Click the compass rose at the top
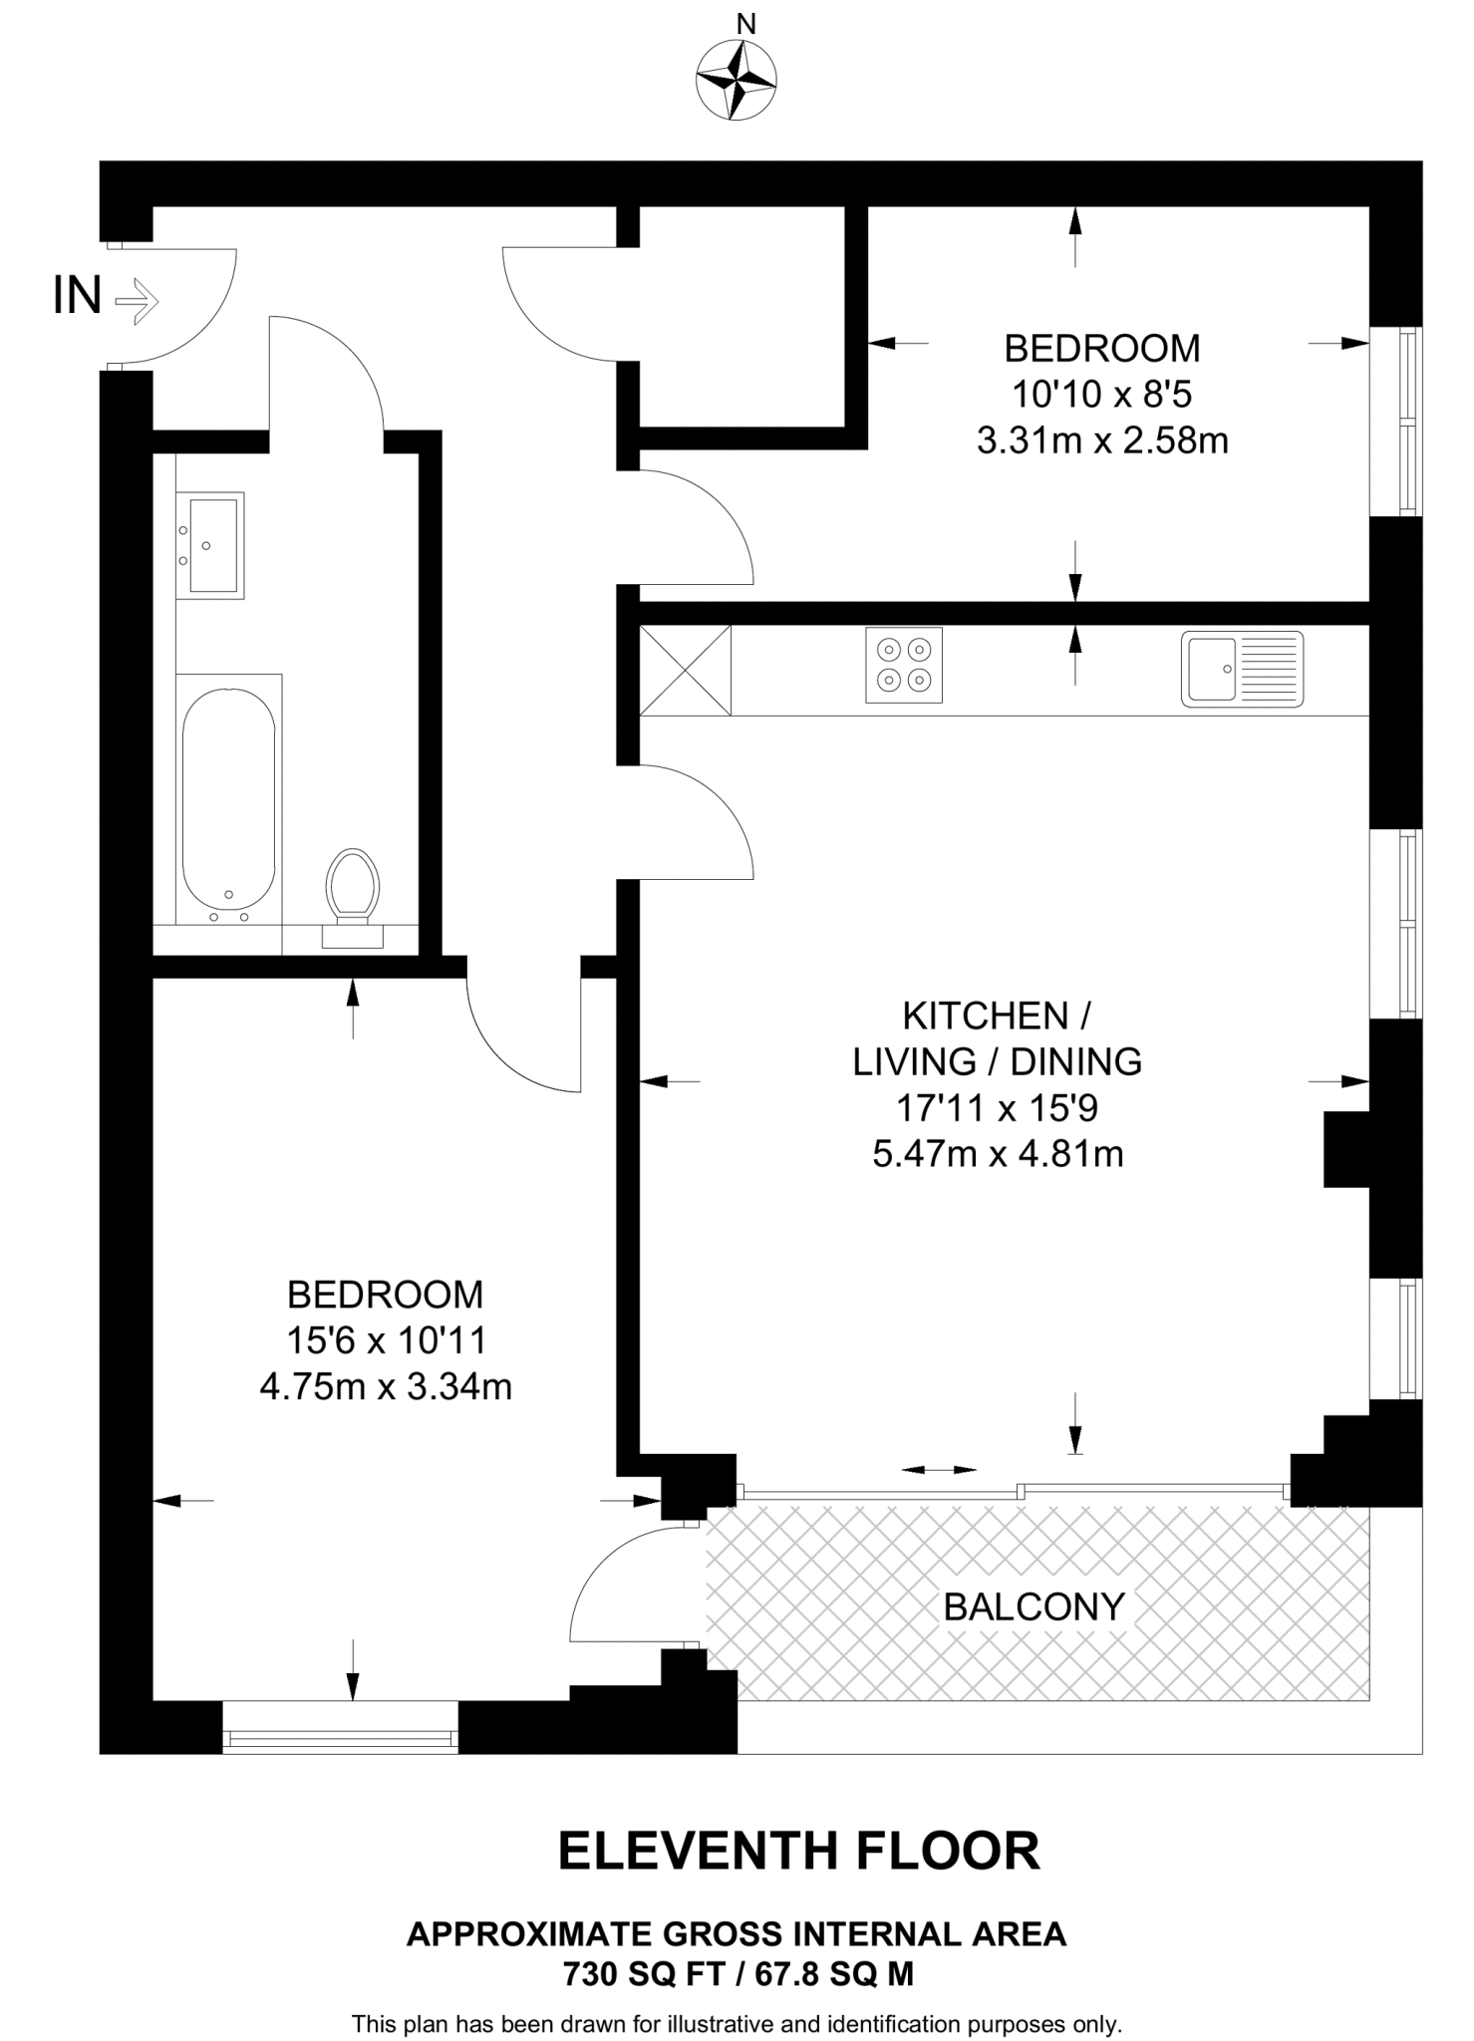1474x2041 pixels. click(736, 80)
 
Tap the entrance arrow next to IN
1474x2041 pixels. click(137, 298)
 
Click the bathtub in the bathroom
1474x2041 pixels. click(228, 798)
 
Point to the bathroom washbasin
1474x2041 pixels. click(210, 545)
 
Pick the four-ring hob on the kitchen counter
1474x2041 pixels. click(904, 665)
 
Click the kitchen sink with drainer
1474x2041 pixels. click(1242, 669)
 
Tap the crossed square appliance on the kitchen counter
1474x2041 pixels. click(685, 670)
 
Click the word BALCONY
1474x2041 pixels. click(1033, 1606)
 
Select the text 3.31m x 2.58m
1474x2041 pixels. click(1102, 440)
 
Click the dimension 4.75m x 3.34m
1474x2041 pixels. click(386, 1386)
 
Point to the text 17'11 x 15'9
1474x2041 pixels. click(998, 1107)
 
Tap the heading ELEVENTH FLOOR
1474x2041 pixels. click(798, 1851)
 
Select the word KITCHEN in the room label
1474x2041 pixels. click(985, 1017)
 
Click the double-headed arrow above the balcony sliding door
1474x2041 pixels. click(939, 1470)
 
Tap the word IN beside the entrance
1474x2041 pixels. click(78, 295)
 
